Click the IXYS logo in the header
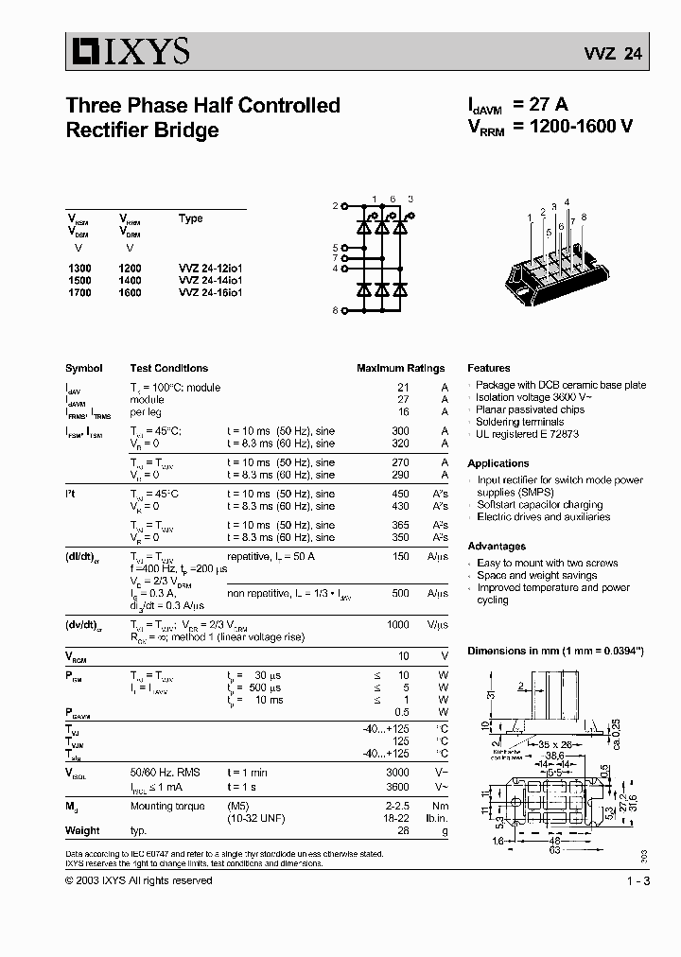click(x=128, y=49)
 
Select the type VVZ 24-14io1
click(x=210, y=281)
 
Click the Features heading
click(x=488, y=368)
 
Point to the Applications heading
click(x=498, y=463)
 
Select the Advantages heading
click(x=496, y=547)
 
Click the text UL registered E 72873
click(x=527, y=434)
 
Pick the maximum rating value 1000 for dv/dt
click(x=397, y=625)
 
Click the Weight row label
click(x=82, y=831)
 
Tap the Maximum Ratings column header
click(x=400, y=368)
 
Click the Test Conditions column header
click(x=168, y=368)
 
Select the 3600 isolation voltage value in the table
click(x=397, y=786)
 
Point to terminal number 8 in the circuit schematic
click(x=334, y=310)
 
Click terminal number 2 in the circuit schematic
click(x=334, y=205)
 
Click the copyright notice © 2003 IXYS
click(x=138, y=880)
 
